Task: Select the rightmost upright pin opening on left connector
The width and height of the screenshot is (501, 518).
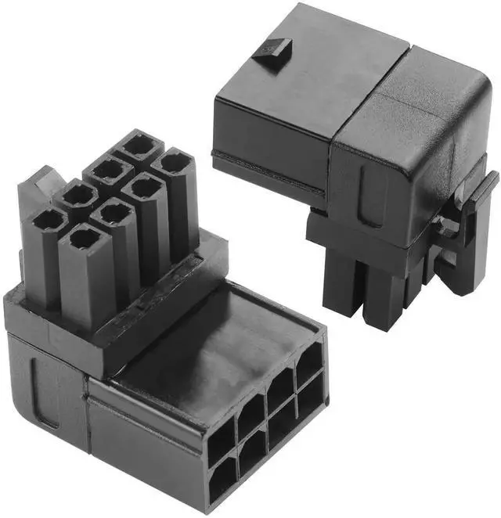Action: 174,163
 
